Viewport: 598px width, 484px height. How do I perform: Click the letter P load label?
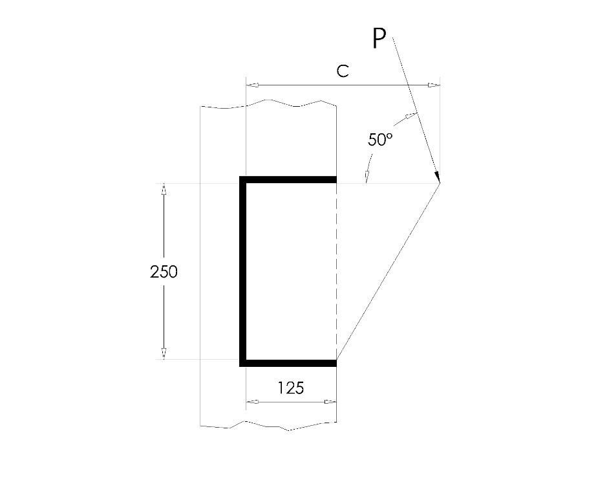coord(379,39)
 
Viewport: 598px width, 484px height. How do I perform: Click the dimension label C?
coord(343,72)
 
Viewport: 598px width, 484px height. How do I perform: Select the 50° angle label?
coord(380,140)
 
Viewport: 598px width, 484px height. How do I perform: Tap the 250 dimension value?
coord(164,272)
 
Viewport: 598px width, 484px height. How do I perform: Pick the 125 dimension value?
coord(291,388)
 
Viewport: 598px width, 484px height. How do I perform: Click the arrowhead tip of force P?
coord(439,182)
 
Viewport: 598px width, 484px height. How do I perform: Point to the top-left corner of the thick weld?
coord(243,179)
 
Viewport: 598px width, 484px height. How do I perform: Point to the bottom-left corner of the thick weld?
coord(243,363)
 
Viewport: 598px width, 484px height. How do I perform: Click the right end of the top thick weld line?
coord(336,179)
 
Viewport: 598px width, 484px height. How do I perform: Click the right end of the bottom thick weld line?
coord(336,363)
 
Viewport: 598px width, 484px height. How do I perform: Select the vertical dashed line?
coord(337,272)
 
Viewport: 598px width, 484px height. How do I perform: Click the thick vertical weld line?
coord(243,272)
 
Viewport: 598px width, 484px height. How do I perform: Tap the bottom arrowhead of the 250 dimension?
coord(164,354)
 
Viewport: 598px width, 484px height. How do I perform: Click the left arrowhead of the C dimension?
coord(253,85)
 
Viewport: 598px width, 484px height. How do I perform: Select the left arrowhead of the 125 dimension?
coord(253,402)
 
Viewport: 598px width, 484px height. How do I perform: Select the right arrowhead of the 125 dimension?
coord(330,402)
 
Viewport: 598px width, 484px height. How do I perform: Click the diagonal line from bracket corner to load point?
coord(388,272)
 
